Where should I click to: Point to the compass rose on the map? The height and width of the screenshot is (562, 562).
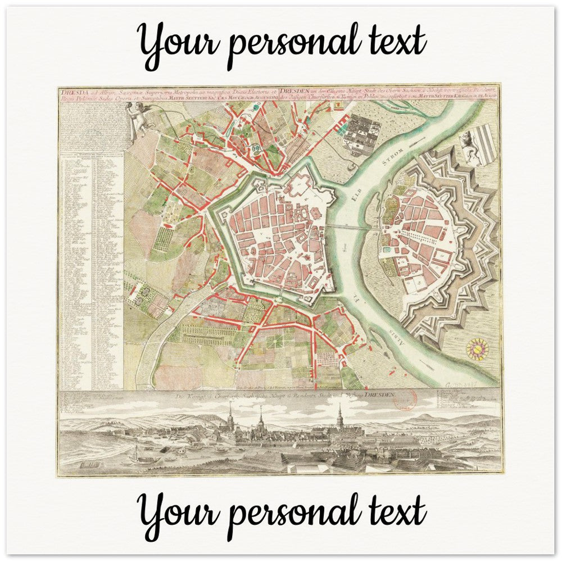[477, 349]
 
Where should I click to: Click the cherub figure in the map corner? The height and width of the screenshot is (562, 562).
[137, 119]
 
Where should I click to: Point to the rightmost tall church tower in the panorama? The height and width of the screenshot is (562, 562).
[339, 418]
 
